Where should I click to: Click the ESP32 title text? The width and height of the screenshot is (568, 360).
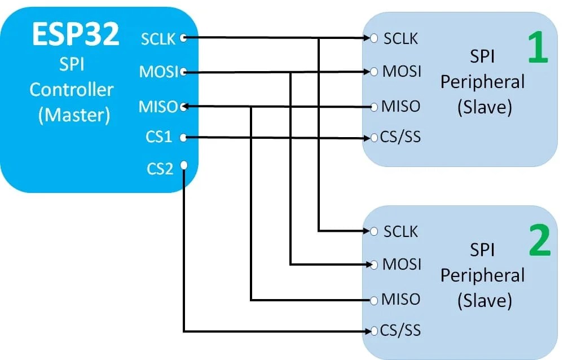pyautogui.click(x=76, y=35)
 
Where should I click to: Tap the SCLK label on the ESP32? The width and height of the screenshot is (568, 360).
pyautogui.click(x=157, y=39)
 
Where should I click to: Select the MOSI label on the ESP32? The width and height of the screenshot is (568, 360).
pyautogui.click(x=158, y=72)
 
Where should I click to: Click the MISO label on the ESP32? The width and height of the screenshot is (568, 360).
pyautogui.click(x=158, y=106)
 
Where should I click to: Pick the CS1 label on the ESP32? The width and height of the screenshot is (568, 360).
pyautogui.click(x=160, y=137)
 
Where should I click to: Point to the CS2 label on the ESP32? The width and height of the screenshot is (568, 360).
pyautogui.click(x=160, y=168)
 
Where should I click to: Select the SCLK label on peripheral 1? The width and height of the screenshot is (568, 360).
pyautogui.click(x=400, y=38)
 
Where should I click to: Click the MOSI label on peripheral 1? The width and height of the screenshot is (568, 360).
pyautogui.click(x=402, y=72)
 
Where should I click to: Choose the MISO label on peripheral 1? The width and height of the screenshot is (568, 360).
pyautogui.click(x=400, y=106)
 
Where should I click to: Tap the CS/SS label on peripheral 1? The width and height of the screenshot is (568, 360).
pyautogui.click(x=400, y=137)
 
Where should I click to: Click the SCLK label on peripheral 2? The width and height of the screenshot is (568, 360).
pyautogui.click(x=400, y=231)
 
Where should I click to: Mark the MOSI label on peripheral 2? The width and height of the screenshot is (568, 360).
pyautogui.click(x=402, y=264)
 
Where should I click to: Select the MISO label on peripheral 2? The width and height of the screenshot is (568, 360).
pyautogui.click(x=400, y=299)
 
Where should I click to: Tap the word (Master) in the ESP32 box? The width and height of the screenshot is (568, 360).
pyautogui.click(x=74, y=115)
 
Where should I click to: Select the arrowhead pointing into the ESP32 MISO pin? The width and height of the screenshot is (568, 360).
pyautogui.click(x=188, y=106)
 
